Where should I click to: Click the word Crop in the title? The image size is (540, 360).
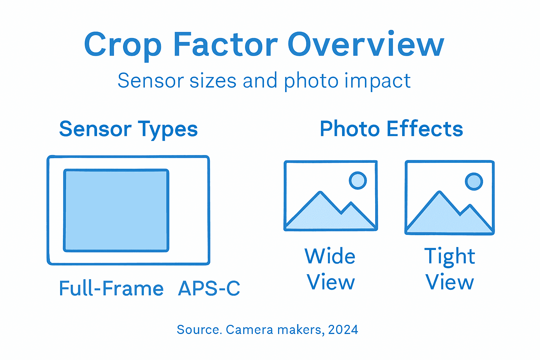tap(123, 45)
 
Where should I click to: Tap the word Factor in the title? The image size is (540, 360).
tap(225, 44)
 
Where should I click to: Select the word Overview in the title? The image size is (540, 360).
tap(366, 44)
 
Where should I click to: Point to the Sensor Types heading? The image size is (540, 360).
tap(128, 129)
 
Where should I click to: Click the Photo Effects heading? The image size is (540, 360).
tap(391, 129)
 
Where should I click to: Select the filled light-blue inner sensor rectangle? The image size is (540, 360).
tap(116, 210)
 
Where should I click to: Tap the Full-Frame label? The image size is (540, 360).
tap(111, 289)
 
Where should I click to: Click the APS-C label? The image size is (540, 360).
tap(209, 289)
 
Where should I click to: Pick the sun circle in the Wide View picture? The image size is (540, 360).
tap(358, 181)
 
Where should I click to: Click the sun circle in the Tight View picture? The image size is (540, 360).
tap(474, 181)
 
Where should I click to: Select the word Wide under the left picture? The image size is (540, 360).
tap(330, 256)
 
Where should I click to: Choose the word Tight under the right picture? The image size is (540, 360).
tap(449, 257)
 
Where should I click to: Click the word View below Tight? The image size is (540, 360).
tap(449, 282)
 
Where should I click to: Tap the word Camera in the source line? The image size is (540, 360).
tap(249, 330)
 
